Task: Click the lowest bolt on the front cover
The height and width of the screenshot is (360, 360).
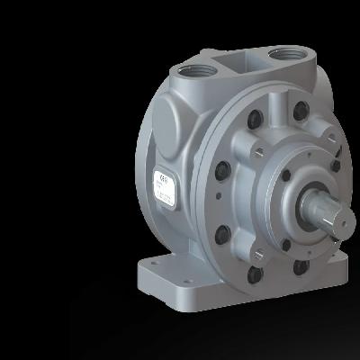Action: pyautogui.click(x=256, y=273)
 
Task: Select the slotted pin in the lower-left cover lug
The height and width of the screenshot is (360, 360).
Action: pyautogui.click(x=219, y=237)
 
